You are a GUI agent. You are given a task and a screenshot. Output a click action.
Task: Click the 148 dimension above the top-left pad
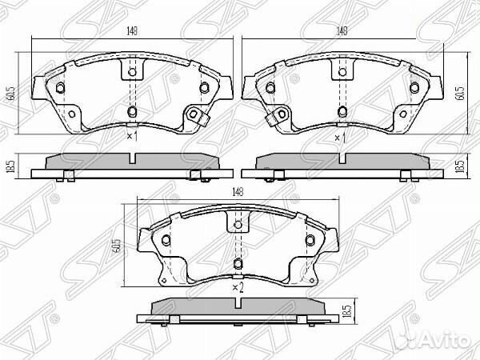[128, 32]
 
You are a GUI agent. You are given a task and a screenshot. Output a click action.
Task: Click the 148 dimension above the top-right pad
[342, 31]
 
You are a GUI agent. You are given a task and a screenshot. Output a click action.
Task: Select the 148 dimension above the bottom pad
[238, 191]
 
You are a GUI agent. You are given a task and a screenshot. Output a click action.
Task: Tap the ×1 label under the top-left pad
[132, 137]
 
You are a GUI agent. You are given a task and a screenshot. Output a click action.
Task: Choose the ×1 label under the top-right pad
[340, 138]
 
